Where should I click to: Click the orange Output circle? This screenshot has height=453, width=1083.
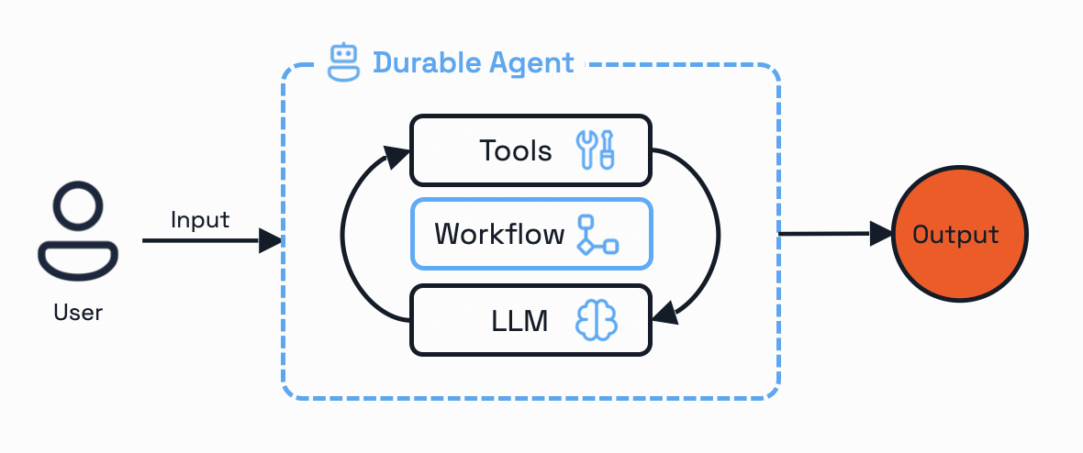960,235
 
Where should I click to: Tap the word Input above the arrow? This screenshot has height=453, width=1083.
200,220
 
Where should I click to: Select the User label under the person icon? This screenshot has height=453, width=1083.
78,313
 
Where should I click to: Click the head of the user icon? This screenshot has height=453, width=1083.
78,208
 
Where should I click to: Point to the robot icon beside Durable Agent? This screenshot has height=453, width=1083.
343,62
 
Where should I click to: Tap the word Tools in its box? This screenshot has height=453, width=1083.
516,150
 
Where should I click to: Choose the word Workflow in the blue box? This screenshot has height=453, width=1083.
499,234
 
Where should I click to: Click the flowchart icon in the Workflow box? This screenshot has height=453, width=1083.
597,235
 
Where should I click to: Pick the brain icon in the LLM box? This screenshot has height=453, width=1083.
597,320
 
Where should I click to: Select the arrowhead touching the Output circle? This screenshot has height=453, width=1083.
880,234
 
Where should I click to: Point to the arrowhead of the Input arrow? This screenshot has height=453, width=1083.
270,241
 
